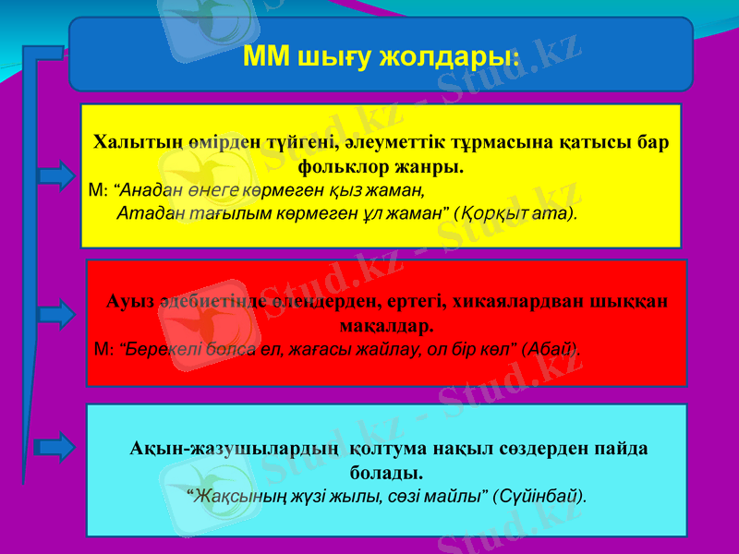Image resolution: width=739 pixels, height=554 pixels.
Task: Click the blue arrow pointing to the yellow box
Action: pos(58,175)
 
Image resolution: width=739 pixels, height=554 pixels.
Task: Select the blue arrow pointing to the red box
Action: pos(58,314)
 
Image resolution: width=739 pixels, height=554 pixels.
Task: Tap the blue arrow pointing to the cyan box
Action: pos(58,448)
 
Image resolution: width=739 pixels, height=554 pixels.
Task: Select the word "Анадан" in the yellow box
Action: pos(149,191)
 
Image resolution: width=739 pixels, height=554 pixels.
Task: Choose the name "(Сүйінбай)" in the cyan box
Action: pos(540,495)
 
